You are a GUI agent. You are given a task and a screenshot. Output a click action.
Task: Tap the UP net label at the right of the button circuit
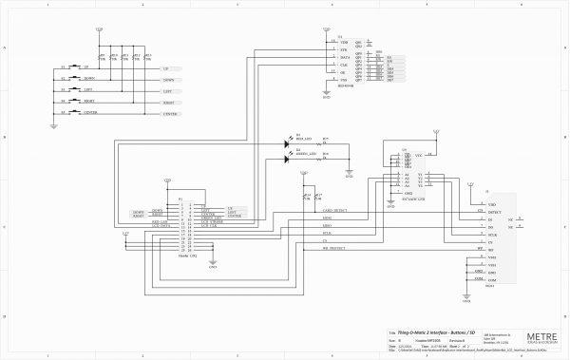tap(166, 69)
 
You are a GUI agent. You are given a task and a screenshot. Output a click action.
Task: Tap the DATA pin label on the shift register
tap(345, 57)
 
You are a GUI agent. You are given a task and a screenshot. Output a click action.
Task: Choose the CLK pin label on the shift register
tap(344, 66)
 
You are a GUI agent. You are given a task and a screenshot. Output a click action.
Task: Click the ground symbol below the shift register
tap(327, 93)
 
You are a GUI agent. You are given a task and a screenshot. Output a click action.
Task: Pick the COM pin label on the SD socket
tap(492, 280)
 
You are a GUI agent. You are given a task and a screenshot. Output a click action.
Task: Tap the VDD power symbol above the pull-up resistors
tap(100, 31)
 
